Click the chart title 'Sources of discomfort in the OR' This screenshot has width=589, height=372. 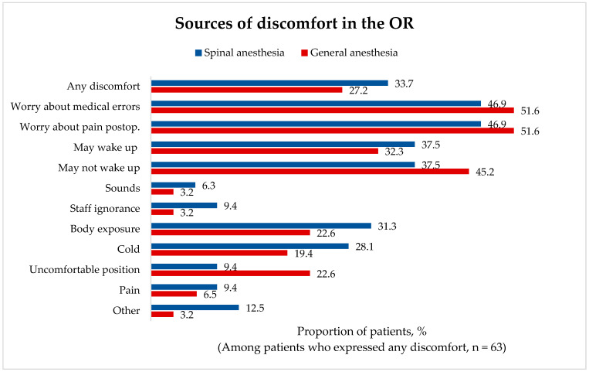(x=294, y=23)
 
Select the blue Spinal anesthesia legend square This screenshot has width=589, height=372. (x=198, y=53)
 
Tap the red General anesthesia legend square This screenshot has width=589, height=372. (x=304, y=53)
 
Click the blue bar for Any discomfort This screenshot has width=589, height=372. (x=269, y=83)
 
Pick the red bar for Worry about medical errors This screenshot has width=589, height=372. (x=333, y=110)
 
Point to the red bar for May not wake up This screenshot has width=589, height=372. (x=310, y=172)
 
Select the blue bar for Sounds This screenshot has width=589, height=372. (x=173, y=185)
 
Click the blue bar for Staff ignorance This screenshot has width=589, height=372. (x=184, y=205)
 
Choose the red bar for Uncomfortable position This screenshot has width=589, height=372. (x=230, y=273)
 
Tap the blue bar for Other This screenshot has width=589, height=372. (x=195, y=307)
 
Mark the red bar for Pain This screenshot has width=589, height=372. (x=174, y=294)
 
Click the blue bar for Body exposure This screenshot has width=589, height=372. (x=261, y=226)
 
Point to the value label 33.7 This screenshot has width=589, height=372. (x=404, y=84)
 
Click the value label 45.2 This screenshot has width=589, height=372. (x=485, y=172)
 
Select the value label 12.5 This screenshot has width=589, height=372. (x=255, y=308)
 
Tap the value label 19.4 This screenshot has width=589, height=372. (x=303, y=254)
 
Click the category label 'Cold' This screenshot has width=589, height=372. (x=128, y=249)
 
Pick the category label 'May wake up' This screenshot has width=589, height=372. (x=106, y=147)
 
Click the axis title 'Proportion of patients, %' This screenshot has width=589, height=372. (x=362, y=331)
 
